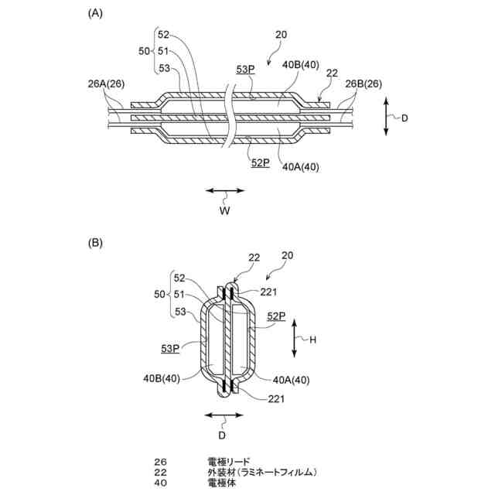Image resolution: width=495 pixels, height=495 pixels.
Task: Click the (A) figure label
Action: (x=95, y=12)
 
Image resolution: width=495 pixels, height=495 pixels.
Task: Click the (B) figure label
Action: (x=95, y=243)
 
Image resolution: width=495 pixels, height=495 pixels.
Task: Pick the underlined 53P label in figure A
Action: (x=246, y=70)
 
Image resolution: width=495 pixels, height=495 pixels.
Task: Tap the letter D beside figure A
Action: (x=402, y=118)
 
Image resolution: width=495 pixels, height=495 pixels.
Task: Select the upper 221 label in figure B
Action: (x=268, y=292)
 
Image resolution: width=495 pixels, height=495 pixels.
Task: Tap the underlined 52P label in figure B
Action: (x=276, y=316)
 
